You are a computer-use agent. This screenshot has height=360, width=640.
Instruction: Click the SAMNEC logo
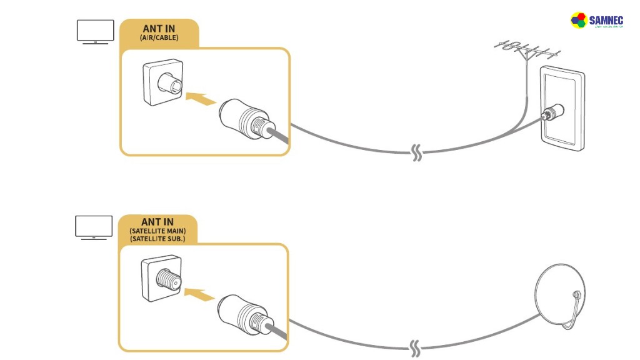pyautogui.click(x=597, y=21)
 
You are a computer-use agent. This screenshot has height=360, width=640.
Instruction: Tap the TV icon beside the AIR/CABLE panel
pyautogui.click(x=95, y=31)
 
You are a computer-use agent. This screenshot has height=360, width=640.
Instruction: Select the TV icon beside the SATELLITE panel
pyautogui.click(x=94, y=227)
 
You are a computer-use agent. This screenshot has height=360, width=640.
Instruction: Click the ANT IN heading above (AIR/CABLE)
pyautogui.click(x=159, y=29)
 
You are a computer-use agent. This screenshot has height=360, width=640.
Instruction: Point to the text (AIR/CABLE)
pyautogui.click(x=159, y=38)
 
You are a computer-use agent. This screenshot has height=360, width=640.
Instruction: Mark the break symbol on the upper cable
pyautogui.click(x=417, y=152)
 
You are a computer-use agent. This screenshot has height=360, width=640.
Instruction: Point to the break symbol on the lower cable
pyautogui.click(x=416, y=346)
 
